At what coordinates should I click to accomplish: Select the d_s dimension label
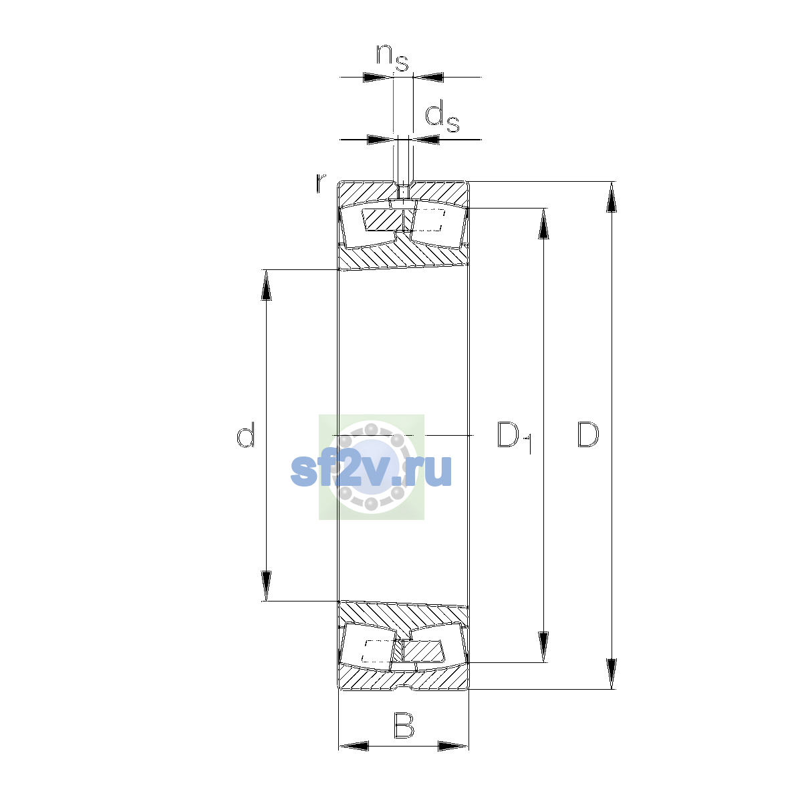[x=442, y=118]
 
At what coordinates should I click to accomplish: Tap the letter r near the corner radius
[x=320, y=184]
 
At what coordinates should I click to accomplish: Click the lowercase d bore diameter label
[x=245, y=434]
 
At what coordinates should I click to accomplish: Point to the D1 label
[x=515, y=436]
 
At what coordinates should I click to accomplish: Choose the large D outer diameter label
[x=588, y=434]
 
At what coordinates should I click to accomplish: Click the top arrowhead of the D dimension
[x=611, y=197]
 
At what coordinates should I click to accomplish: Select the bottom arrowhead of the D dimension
[x=611, y=674]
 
